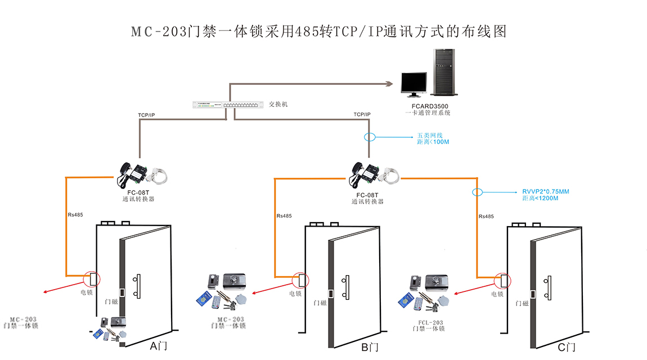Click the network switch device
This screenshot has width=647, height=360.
[x=228, y=105]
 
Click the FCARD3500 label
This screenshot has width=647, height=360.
[x=429, y=106]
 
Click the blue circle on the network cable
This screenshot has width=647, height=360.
[x=369, y=137]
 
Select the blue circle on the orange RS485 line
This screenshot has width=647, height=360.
[x=478, y=192]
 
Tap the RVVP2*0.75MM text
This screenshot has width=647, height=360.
[x=545, y=192]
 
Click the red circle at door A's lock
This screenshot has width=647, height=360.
[x=91, y=279]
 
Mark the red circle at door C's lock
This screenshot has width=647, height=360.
[x=502, y=280]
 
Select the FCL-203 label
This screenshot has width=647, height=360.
[x=428, y=322]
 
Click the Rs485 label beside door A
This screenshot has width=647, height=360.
[x=75, y=215]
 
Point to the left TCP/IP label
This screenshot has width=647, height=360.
[x=146, y=115]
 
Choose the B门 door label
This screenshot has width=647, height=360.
[x=370, y=348]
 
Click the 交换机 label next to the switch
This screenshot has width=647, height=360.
[x=278, y=105]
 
